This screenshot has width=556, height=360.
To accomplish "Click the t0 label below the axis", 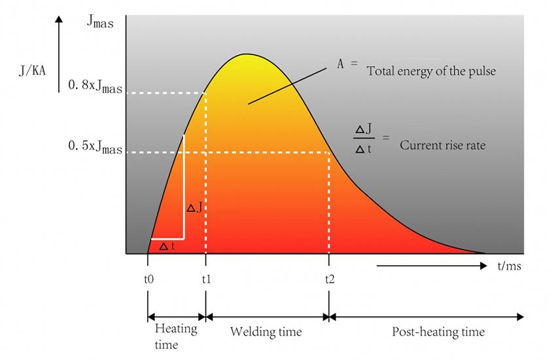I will (148, 279).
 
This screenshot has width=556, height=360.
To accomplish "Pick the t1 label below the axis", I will (206, 279).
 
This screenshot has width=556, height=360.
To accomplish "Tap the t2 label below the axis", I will (329, 279).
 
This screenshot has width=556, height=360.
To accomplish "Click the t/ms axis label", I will (510, 266).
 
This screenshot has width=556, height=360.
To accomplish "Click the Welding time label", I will (266, 333).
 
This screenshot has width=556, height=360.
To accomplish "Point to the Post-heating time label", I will (438, 333).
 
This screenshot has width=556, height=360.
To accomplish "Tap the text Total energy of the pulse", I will (432, 71).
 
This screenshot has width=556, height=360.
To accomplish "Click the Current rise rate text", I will (442, 145).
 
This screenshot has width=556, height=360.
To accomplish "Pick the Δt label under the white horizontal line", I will (167, 246).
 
